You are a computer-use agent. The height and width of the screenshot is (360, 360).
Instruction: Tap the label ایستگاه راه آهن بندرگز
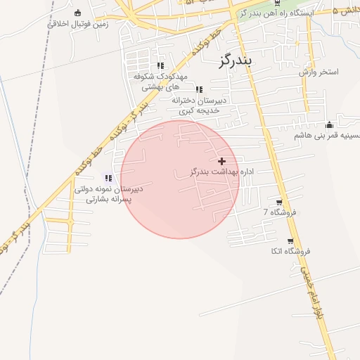(x=275, y=13)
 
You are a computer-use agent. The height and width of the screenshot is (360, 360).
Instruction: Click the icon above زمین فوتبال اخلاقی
(x=77, y=12)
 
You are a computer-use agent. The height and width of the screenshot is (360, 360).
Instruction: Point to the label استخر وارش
(x=319, y=72)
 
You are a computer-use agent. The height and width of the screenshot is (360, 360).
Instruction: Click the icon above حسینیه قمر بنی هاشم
(x=329, y=125)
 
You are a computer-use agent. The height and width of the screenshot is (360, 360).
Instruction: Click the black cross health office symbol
(x=223, y=162)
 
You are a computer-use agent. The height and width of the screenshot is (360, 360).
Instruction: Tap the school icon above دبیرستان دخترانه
(x=199, y=89)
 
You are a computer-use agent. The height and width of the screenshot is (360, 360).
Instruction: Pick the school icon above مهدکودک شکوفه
(x=160, y=66)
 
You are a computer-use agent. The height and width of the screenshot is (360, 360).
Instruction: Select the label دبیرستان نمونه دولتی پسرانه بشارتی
(x=109, y=194)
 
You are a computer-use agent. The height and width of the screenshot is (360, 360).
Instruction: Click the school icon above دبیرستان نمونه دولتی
(x=108, y=178)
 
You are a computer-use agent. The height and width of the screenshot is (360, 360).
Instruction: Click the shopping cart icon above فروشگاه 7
(x=280, y=202)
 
